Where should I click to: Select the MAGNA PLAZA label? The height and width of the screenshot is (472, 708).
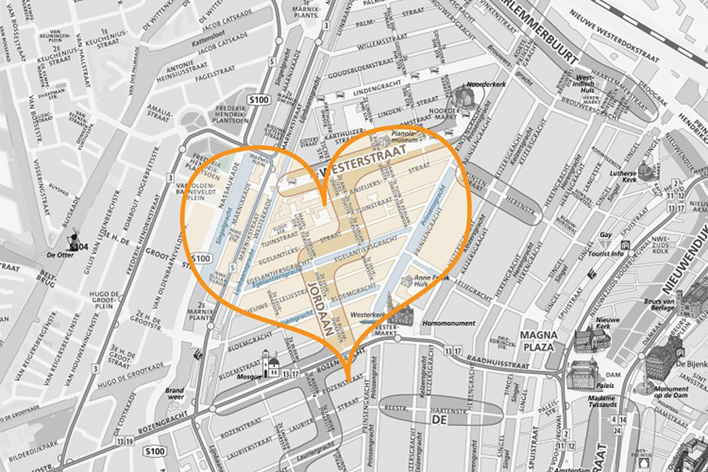tap(537, 340)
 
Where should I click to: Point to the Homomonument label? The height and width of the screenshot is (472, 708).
tap(448, 323)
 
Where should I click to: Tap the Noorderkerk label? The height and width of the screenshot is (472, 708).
tap(478, 84)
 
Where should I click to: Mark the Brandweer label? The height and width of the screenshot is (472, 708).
tap(175, 394)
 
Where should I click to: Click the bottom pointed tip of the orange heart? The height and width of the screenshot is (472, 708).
tap(347, 378)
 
